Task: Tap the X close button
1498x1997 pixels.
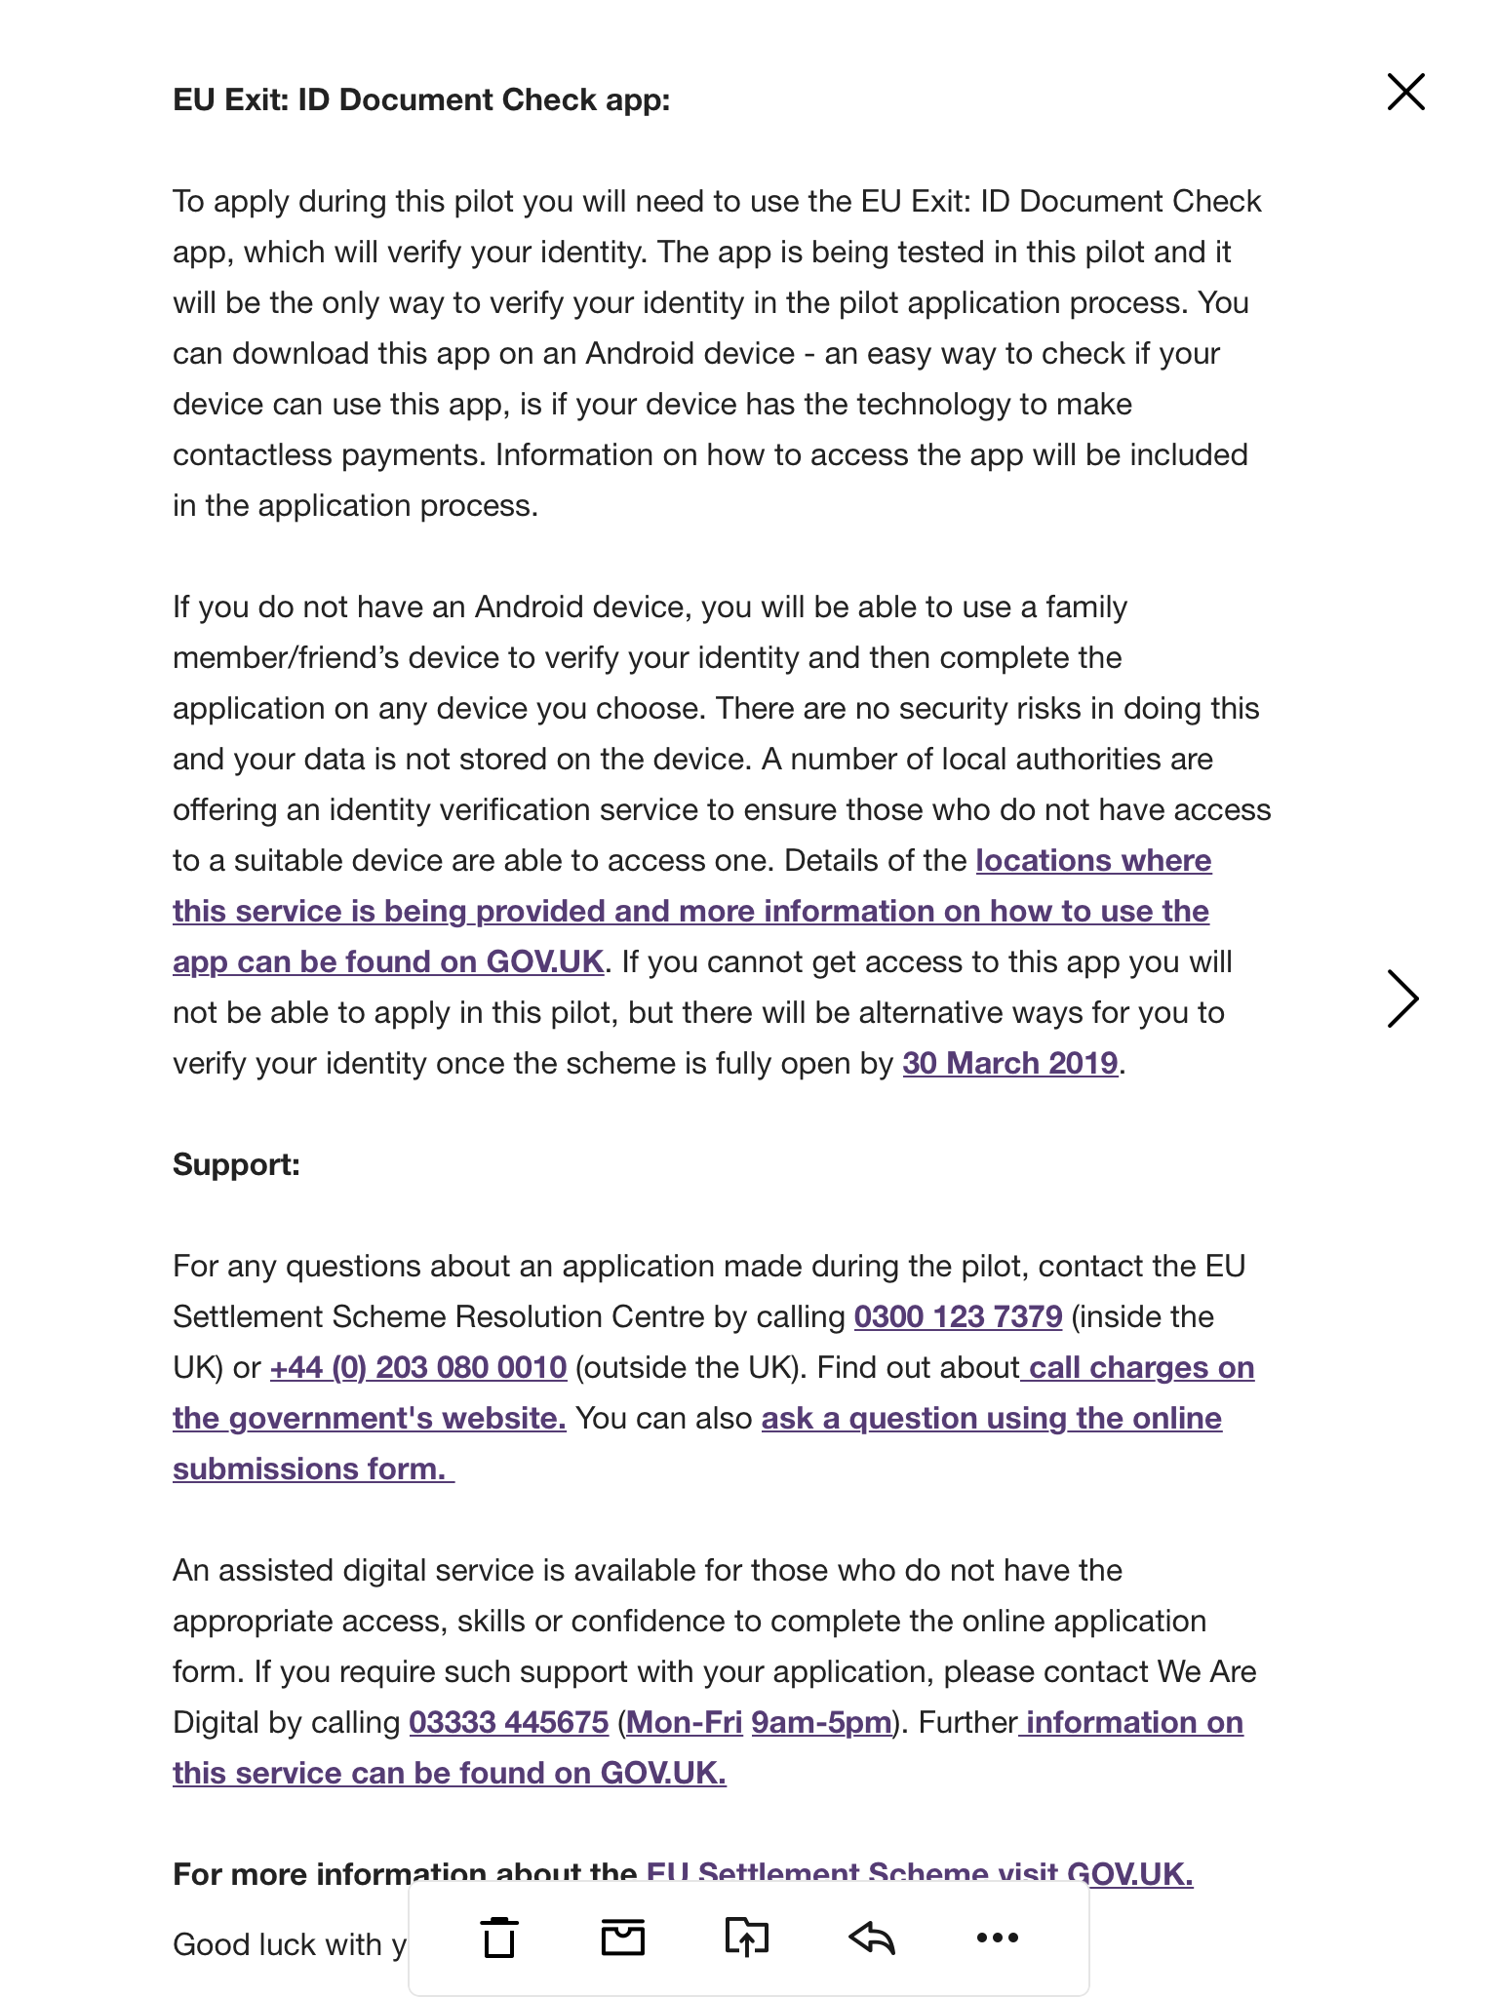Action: coord(1405,93)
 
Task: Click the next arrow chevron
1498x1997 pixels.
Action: coord(1402,998)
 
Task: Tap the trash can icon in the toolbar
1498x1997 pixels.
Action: coord(499,1937)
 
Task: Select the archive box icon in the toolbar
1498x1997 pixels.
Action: coord(623,1937)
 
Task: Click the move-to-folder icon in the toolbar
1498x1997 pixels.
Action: coord(747,1937)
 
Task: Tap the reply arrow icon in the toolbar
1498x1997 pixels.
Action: coord(872,1937)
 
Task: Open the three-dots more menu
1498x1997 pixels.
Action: coord(997,1937)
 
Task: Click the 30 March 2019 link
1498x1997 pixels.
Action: coord(1009,1063)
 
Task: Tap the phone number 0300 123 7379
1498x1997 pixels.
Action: coord(958,1316)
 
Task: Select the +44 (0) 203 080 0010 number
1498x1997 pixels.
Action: coord(418,1367)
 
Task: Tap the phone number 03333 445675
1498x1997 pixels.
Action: coord(508,1722)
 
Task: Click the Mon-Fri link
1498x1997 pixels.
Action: coord(684,1722)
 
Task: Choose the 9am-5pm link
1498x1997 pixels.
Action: coord(821,1722)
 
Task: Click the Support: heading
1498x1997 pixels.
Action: coord(236,1164)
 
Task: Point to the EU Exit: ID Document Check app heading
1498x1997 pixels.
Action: coord(421,99)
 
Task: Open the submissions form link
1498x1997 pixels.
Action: coord(309,1468)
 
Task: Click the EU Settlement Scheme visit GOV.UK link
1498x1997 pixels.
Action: coord(919,1872)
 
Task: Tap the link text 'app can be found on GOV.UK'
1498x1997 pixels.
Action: coord(388,961)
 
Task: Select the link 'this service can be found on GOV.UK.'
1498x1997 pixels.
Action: coord(450,1773)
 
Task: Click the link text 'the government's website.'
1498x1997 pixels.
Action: coord(370,1418)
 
